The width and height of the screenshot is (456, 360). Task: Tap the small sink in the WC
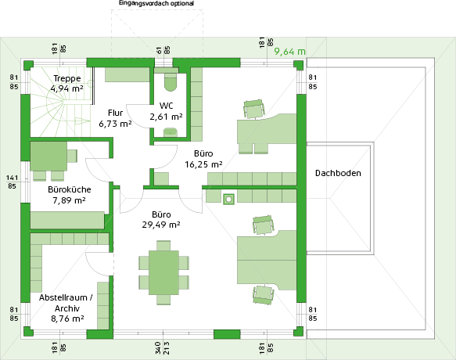tap(171, 132)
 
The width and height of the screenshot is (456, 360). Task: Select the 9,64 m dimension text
tap(289, 52)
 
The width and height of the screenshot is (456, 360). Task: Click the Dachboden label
tap(338, 173)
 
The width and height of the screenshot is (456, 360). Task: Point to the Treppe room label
tap(67, 78)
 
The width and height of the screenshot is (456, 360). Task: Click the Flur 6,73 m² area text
tap(115, 118)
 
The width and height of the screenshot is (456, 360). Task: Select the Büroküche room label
tap(69, 189)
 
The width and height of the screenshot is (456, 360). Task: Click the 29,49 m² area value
tap(161, 225)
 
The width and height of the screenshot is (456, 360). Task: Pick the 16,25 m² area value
tap(203, 164)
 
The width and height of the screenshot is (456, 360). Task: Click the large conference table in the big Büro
tap(163, 272)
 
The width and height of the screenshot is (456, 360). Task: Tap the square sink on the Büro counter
tap(229, 200)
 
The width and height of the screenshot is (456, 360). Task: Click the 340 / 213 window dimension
tap(162, 347)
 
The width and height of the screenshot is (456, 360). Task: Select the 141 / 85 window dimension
tap(12, 182)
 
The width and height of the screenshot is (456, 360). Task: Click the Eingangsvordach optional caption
tap(156, 3)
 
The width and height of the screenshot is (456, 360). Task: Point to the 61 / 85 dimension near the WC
tap(163, 50)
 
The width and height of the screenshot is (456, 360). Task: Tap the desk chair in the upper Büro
tap(254, 109)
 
